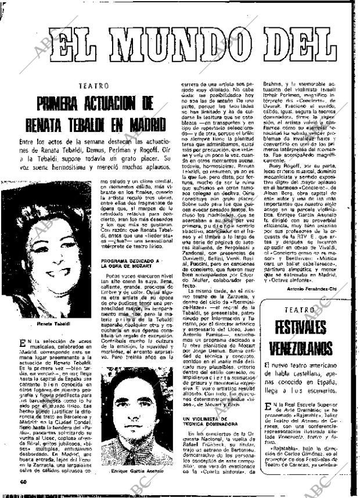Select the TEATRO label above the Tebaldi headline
pyautogui.click(x=94, y=86)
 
